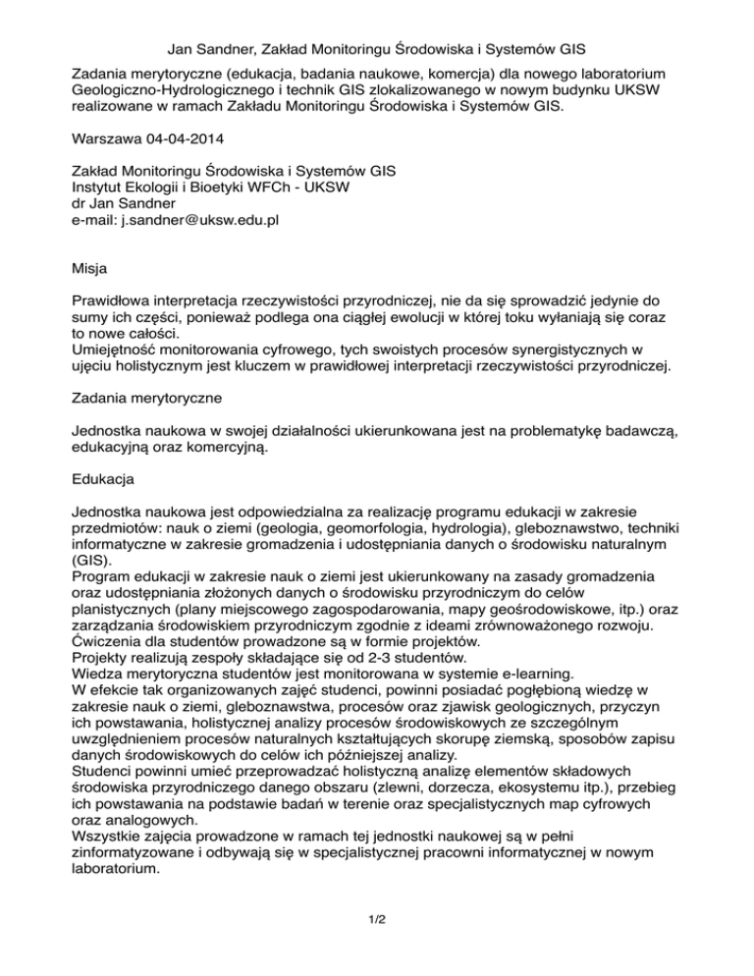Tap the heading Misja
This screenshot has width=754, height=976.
pos(92,266)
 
